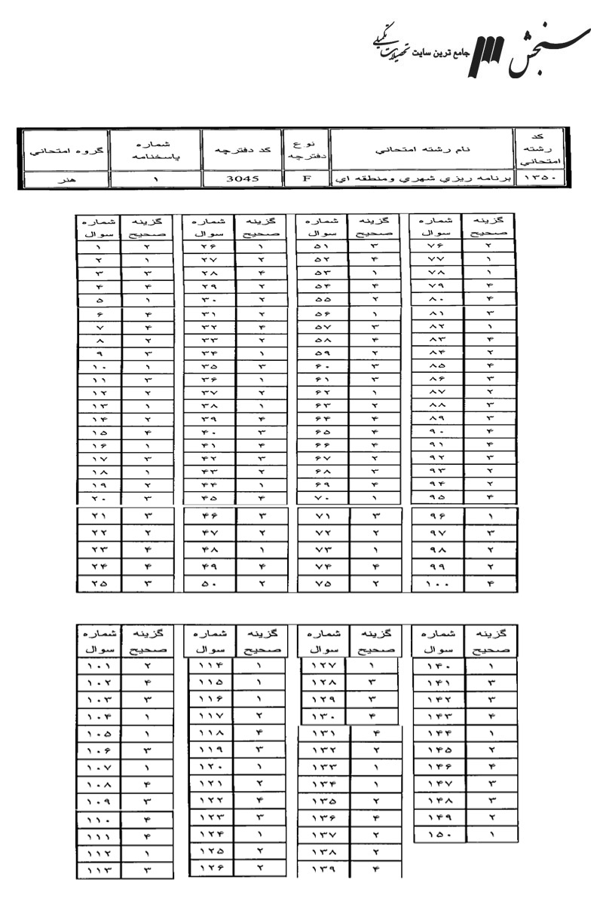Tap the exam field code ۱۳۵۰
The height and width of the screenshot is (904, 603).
click(x=533, y=179)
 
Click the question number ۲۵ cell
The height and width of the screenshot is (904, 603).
click(x=102, y=582)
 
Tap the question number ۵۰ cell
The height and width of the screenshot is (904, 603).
click(x=209, y=582)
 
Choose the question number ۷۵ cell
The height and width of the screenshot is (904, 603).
click(x=320, y=582)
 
